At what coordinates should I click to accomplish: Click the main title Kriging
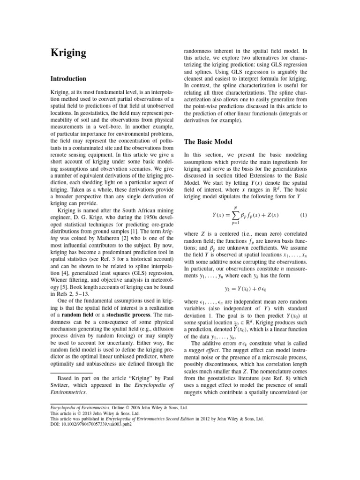[68, 52]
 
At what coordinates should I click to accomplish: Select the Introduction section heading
[68, 79]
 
